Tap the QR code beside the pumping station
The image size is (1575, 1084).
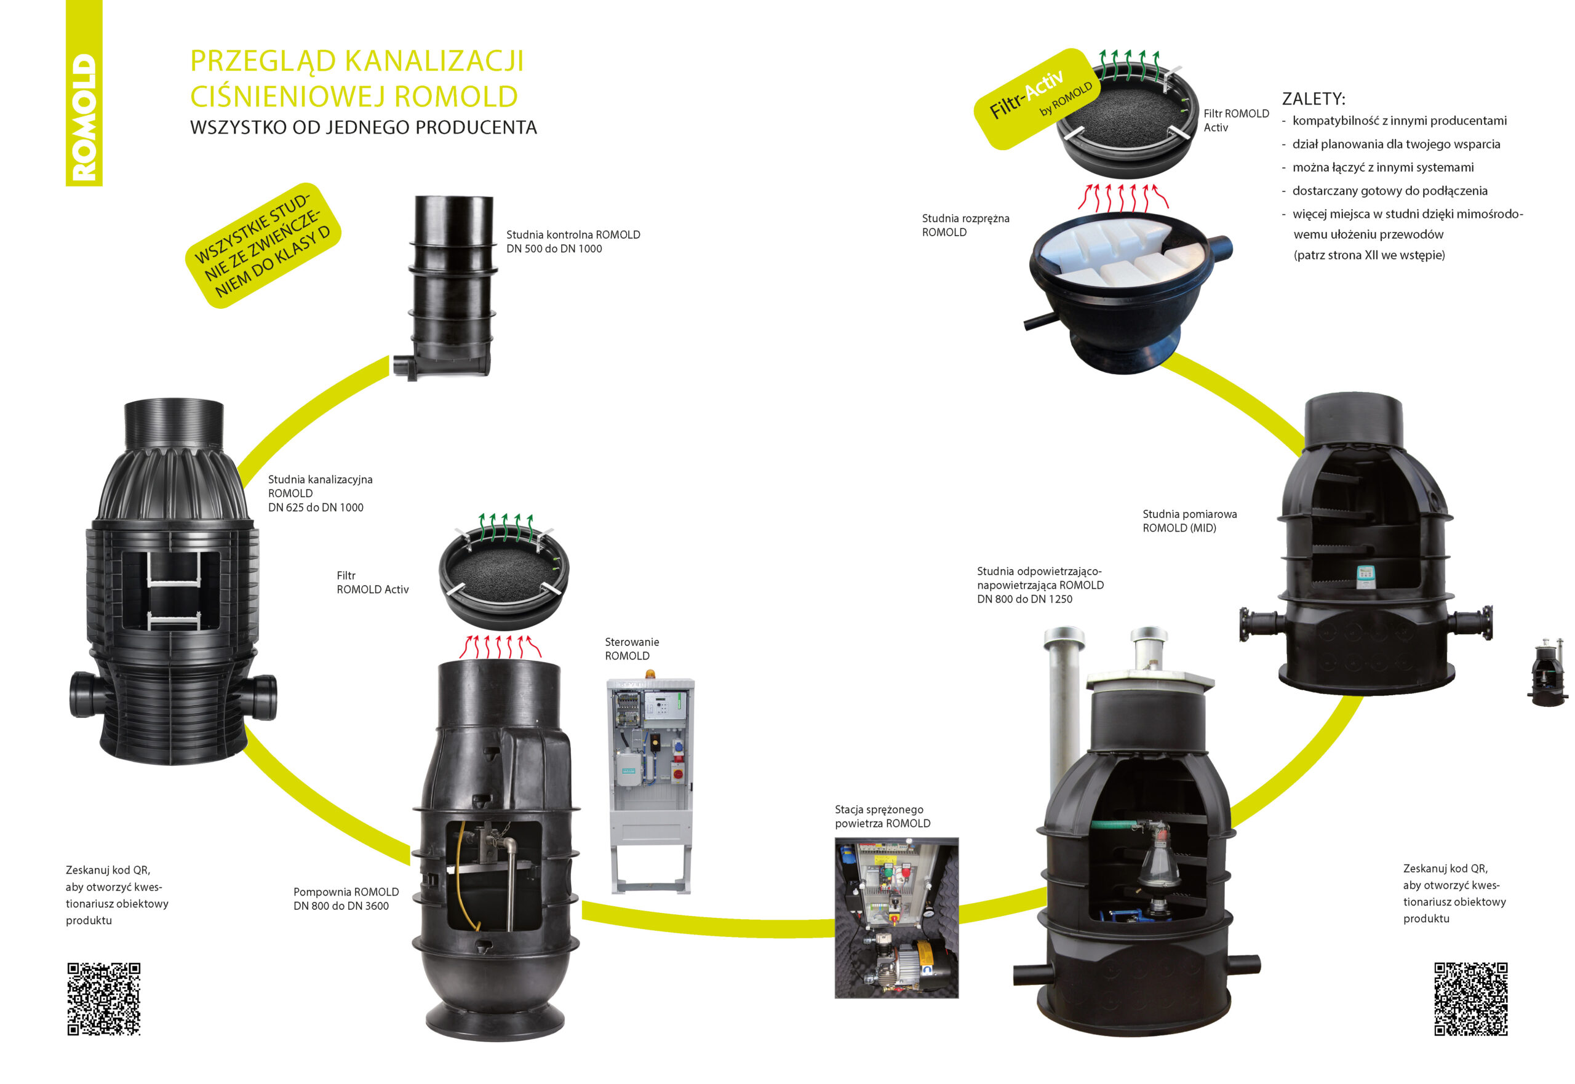pyautogui.click(x=104, y=998)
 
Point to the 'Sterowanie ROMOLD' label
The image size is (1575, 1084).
pyautogui.click(x=631, y=648)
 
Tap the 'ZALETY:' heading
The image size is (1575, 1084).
pyautogui.click(x=1313, y=99)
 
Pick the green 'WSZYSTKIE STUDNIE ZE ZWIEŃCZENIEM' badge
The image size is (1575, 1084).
pyautogui.click(x=263, y=245)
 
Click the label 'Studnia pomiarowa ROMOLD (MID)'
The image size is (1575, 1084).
pyautogui.click(x=1189, y=521)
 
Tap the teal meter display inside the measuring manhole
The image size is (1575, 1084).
pyautogui.click(x=1365, y=576)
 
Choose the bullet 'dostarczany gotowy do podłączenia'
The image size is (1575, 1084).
pyautogui.click(x=1389, y=191)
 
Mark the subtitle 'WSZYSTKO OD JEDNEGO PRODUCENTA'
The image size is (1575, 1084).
pyautogui.click(x=364, y=128)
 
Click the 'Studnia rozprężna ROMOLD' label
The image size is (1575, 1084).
pyautogui.click(x=965, y=225)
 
